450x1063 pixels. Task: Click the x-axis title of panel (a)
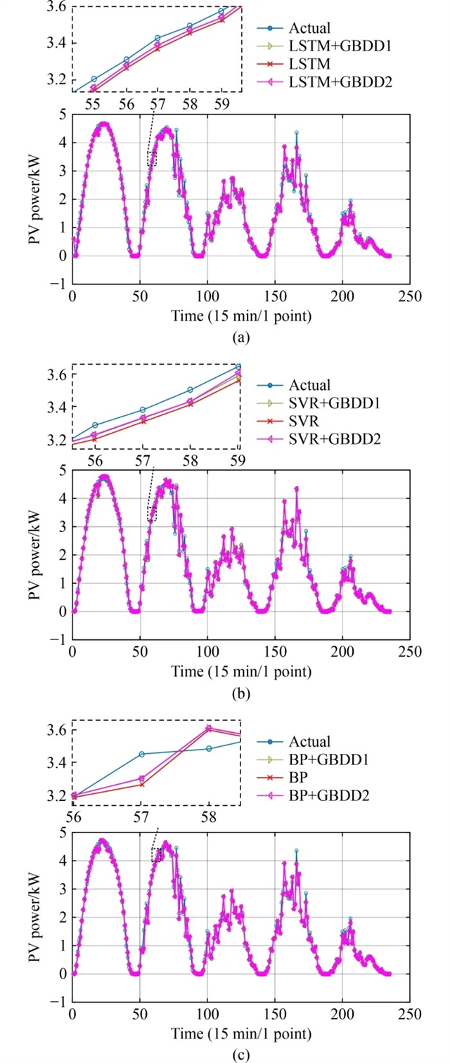(x=241, y=316)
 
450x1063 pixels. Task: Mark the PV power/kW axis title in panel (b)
(x=34, y=555)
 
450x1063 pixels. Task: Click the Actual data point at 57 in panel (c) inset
(x=141, y=754)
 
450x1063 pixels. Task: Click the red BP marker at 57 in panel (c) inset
(x=141, y=784)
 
